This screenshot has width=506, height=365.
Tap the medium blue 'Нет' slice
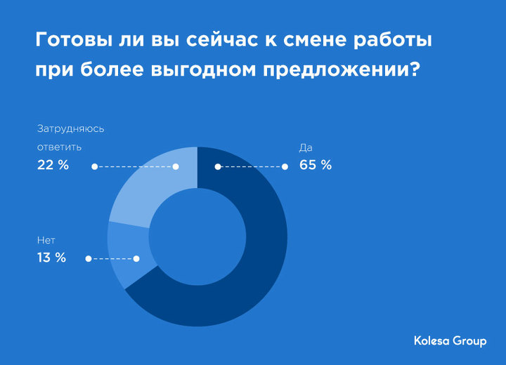129,255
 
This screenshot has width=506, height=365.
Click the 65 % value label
316,165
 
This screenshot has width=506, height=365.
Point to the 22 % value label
53,165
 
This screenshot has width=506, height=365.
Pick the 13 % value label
51,258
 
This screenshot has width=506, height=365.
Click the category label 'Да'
306,148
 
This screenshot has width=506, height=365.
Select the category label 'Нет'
46,240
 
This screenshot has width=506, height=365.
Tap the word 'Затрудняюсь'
71,128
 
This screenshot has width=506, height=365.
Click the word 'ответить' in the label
59,147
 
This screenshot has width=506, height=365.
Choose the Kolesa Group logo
450,341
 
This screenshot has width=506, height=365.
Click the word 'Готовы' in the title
71,40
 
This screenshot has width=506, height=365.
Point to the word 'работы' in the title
393,41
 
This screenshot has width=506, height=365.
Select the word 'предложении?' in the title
342,69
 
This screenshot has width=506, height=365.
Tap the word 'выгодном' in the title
203,69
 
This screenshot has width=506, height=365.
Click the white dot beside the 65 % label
285,166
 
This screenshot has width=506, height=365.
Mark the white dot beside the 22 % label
95,166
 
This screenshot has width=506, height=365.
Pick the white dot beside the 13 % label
89,258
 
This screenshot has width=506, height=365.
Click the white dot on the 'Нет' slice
136,258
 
